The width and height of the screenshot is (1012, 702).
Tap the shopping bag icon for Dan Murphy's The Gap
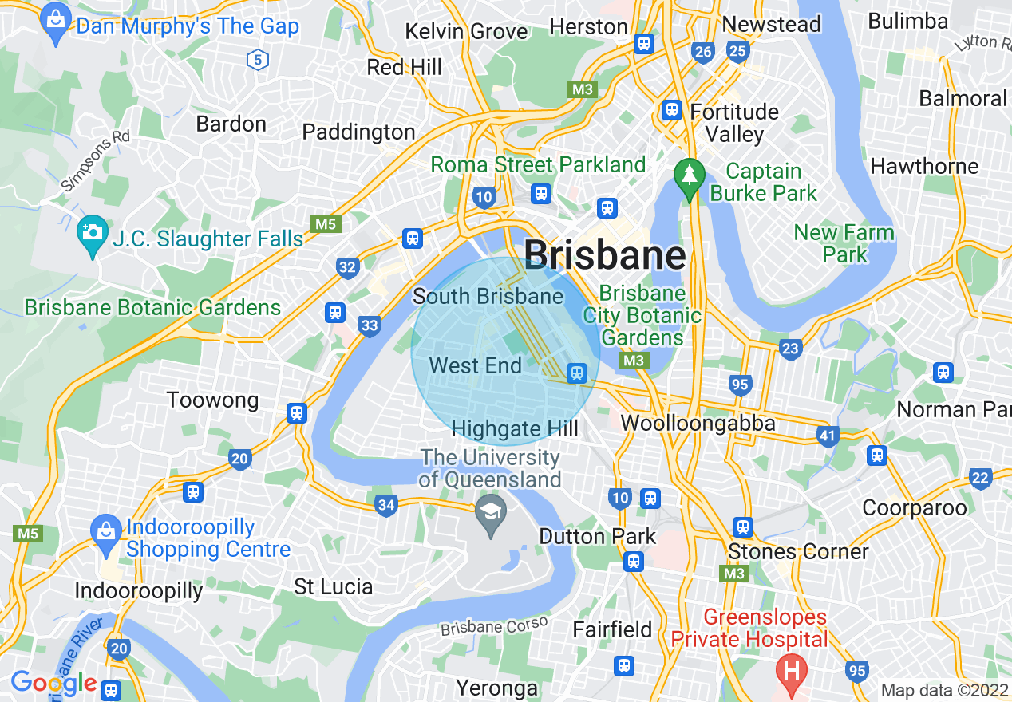click(x=56, y=24)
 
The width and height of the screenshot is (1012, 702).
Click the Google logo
click(x=53, y=683)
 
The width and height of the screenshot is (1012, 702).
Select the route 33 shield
click(x=369, y=325)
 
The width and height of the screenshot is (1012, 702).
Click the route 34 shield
click(x=386, y=504)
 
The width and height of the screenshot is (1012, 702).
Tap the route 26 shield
click(x=702, y=53)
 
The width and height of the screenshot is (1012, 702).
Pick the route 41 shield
click(x=828, y=436)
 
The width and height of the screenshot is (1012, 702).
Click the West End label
click(x=475, y=365)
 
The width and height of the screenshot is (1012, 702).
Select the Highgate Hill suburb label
click(x=515, y=428)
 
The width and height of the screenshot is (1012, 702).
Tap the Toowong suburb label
click(x=212, y=400)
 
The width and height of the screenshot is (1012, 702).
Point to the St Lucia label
click(x=333, y=586)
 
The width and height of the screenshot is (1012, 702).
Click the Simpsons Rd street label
click(x=95, y=159)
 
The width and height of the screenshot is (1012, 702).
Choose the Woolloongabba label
click(x=698, y=423)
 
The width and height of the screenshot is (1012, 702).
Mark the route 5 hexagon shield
click(x=256, y=58)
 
